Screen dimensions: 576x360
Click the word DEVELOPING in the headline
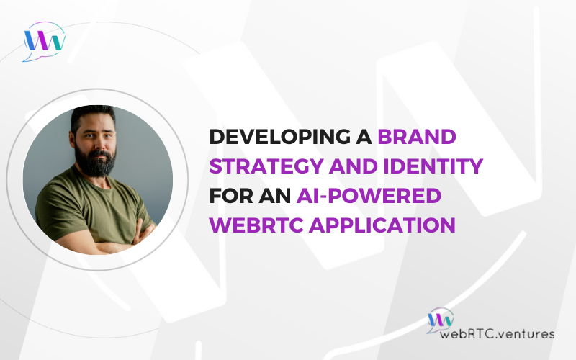point(280,137)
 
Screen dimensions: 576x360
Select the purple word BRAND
point(417,137)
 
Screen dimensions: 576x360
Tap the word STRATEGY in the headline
point(266,166)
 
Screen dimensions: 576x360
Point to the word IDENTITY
point(433,166)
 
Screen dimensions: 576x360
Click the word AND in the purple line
point(354,166)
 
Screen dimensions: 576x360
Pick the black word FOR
point(231,195)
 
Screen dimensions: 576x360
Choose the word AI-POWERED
point(369,195)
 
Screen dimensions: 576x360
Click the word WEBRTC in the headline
point(256,225)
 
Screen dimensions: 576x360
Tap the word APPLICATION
point(382,225)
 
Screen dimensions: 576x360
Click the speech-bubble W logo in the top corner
point(44,41)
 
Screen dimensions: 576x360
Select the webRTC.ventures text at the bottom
point(497,334)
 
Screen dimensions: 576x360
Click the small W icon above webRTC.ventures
point(440,320)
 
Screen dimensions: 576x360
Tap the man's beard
point(96,161)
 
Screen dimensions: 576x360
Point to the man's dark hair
point(93,114)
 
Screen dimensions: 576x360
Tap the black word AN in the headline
point(275,195)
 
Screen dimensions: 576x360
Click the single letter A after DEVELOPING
point(364,137)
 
